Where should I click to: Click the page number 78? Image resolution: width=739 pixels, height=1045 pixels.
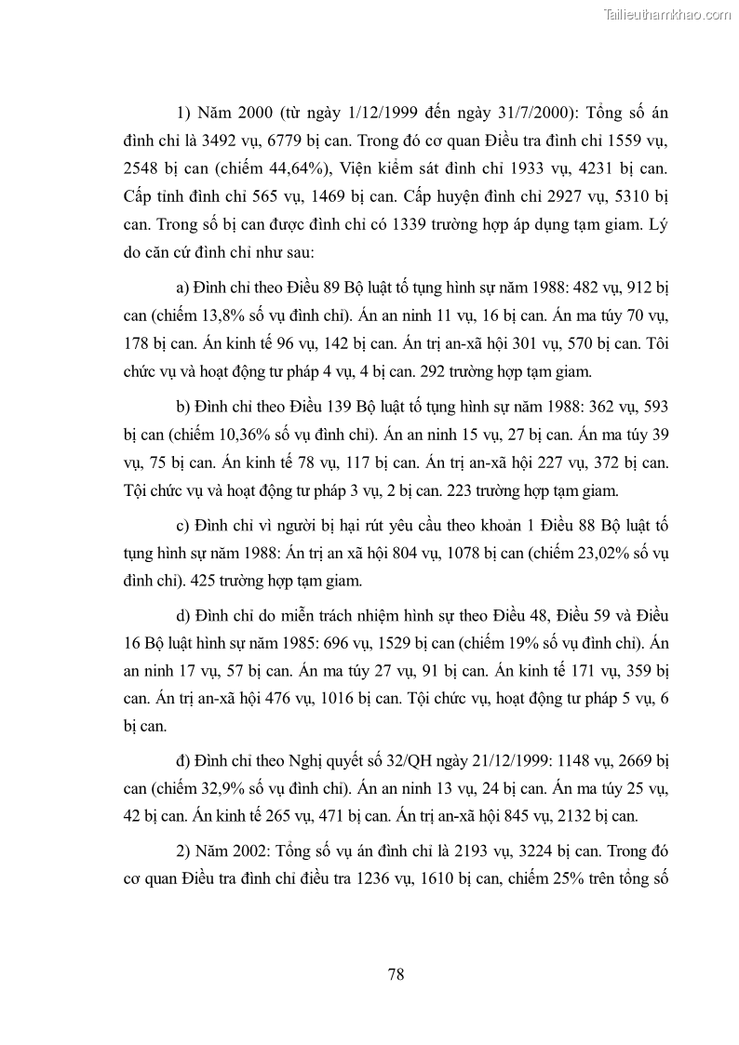pyautogui.click(x=395, y=974)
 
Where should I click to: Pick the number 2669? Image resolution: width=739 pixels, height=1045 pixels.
pyautogui.click(x=620, y=763)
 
